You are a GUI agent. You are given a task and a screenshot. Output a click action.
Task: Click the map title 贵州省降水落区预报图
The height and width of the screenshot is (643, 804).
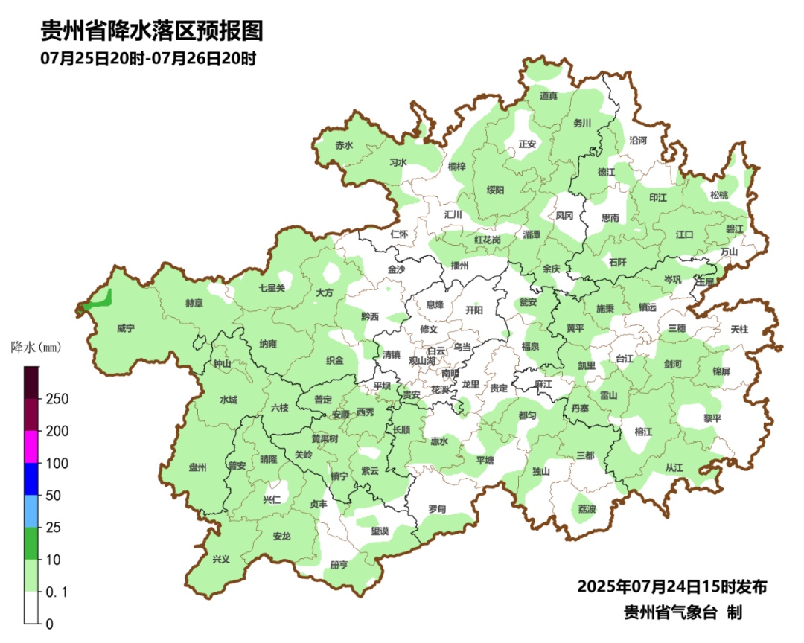(152, 31)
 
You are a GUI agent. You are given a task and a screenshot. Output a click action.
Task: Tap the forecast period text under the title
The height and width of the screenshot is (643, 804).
(148, 58)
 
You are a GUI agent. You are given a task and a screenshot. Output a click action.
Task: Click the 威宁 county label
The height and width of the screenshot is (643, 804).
(127, 328)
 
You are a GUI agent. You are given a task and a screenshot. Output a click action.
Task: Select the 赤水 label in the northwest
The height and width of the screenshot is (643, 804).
(343, 146)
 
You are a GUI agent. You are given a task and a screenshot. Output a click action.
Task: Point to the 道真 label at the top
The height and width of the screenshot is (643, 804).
(549, 96)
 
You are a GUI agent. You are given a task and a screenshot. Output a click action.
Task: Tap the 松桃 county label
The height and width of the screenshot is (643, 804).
(718, 195)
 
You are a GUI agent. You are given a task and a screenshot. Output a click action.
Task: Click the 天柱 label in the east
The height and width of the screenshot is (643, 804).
(739, 328)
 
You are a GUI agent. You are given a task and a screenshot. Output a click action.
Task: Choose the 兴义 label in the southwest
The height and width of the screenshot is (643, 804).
(221, 559)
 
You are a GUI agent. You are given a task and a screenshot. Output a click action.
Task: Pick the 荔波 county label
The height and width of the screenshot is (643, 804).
(587, 509)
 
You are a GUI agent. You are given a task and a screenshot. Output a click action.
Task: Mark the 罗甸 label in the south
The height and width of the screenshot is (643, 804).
(437, 509)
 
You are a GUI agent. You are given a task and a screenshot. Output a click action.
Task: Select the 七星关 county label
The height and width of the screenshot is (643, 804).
(272, 288)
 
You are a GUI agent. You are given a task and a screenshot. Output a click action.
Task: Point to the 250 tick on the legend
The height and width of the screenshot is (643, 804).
(57, 399)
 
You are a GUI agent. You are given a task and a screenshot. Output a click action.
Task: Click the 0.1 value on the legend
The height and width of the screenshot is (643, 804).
(57, 592)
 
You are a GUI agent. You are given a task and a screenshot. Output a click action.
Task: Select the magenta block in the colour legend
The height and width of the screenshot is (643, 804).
(31, 447)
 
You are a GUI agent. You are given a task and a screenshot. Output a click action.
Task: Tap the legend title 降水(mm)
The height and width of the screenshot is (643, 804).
(35, 348)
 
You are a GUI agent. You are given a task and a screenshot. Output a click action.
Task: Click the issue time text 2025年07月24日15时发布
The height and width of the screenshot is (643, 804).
(671, 586)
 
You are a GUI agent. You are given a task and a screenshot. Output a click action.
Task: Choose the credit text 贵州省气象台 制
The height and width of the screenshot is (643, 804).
(682, 612)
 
